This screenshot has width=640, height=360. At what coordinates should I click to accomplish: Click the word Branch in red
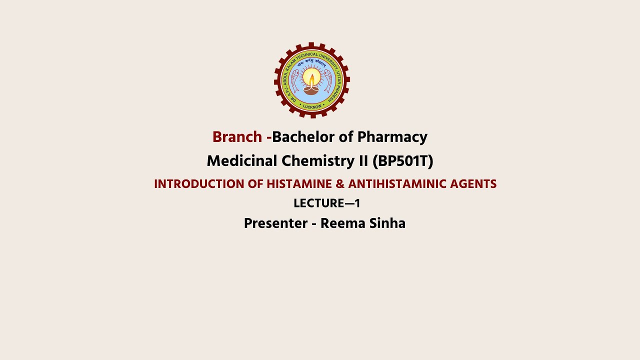point(237,137)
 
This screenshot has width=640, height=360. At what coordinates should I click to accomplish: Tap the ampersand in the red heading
point(340,184)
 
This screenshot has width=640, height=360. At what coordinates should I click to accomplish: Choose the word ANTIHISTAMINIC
point(396,184)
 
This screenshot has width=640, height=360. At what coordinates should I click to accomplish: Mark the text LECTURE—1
point(326,203)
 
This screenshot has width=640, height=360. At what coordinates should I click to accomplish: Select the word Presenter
point(275,223)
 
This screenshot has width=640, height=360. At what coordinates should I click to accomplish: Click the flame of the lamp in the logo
point(312,79)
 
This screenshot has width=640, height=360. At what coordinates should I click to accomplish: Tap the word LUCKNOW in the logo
point(312,106)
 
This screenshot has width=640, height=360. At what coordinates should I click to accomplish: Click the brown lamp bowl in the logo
point(311,90)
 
